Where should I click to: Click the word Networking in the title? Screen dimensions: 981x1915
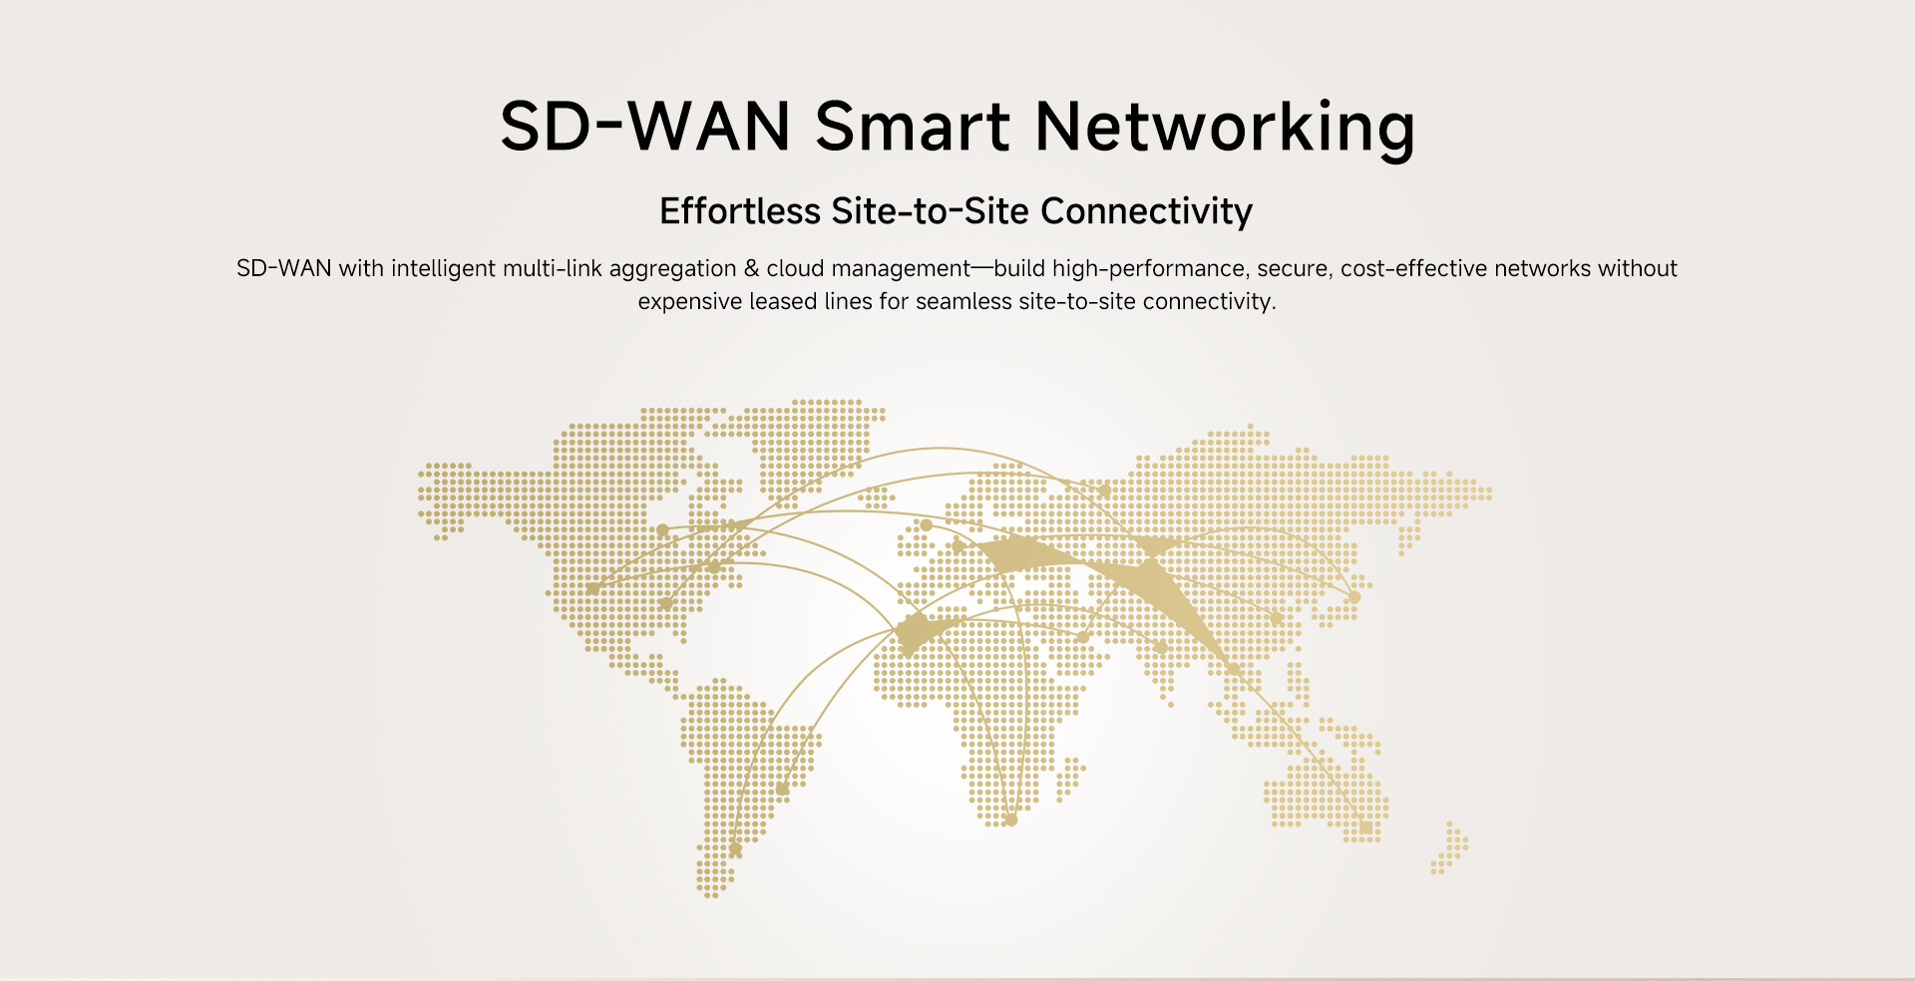1225,128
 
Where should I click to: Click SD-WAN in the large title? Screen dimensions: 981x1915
645,128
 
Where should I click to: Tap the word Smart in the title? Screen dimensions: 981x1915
912,128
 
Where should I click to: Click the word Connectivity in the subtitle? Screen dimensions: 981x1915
1146,211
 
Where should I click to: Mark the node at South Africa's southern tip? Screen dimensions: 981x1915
1010,820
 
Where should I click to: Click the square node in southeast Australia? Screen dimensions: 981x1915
1365,827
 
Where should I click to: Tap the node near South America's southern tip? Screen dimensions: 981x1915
735,849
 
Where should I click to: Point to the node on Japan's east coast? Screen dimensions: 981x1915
1354,597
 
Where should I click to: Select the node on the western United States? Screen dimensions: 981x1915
592,589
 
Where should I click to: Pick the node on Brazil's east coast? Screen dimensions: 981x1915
782,789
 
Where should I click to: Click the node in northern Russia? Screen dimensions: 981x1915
1104,490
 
